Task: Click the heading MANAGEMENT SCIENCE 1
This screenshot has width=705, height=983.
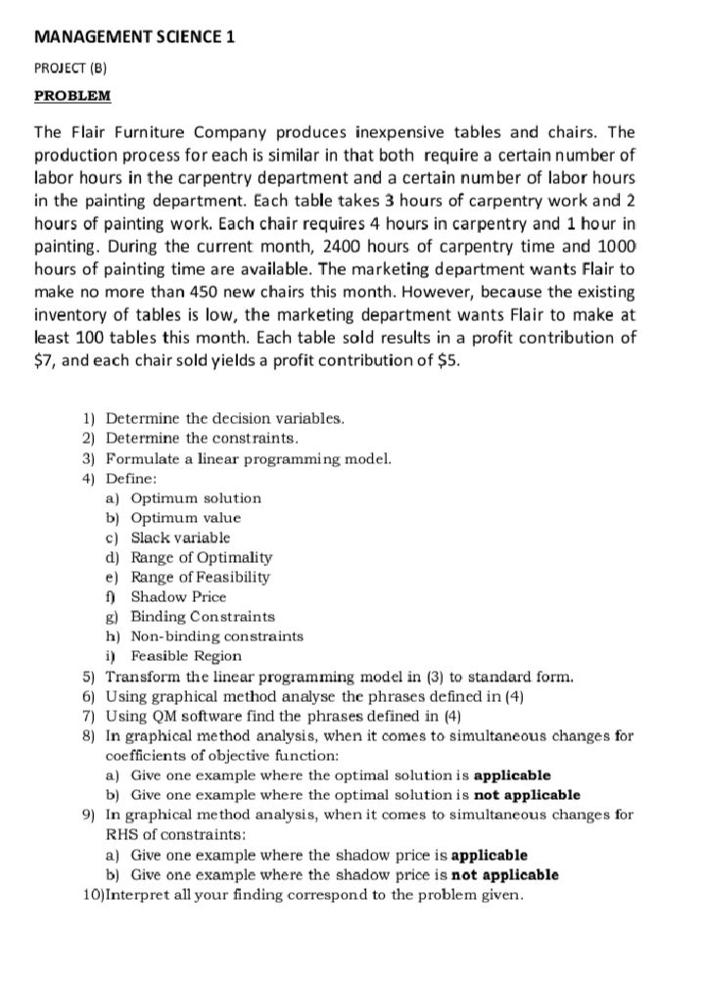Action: (135, 37)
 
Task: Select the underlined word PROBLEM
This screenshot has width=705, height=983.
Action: (73, 96)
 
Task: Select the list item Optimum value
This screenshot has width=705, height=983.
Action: (185, 518)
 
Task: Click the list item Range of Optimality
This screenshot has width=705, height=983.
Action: (201, 557)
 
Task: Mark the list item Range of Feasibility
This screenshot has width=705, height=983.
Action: (200, 577)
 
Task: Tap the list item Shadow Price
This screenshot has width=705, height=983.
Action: (178, 596)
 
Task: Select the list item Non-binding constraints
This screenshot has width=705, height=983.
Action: (216, 635)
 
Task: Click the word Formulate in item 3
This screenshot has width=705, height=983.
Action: (143, 458)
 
